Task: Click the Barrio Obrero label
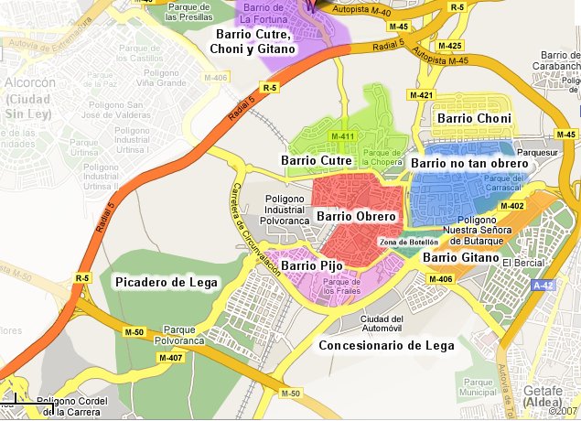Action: pyautogui.click(x=356, y=217)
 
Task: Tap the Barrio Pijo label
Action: pyautogui.click(x=312, y=266)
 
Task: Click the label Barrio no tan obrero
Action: pyautogui.click(x=469, y=163)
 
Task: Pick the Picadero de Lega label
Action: pyautogui.click(x=167, y=283)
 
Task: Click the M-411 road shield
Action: pyautogui.click(x=343, y=137)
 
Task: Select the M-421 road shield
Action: pyautogui.click(x=422, y=95)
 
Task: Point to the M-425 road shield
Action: pyautogui.click(x=450, y=45)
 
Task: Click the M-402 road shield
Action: pyautogui.click(x=511, y=207)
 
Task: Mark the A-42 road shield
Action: pyautogui.click(x=544, y=286)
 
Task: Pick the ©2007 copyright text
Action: pyautogui.click(x=564, y=411)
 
